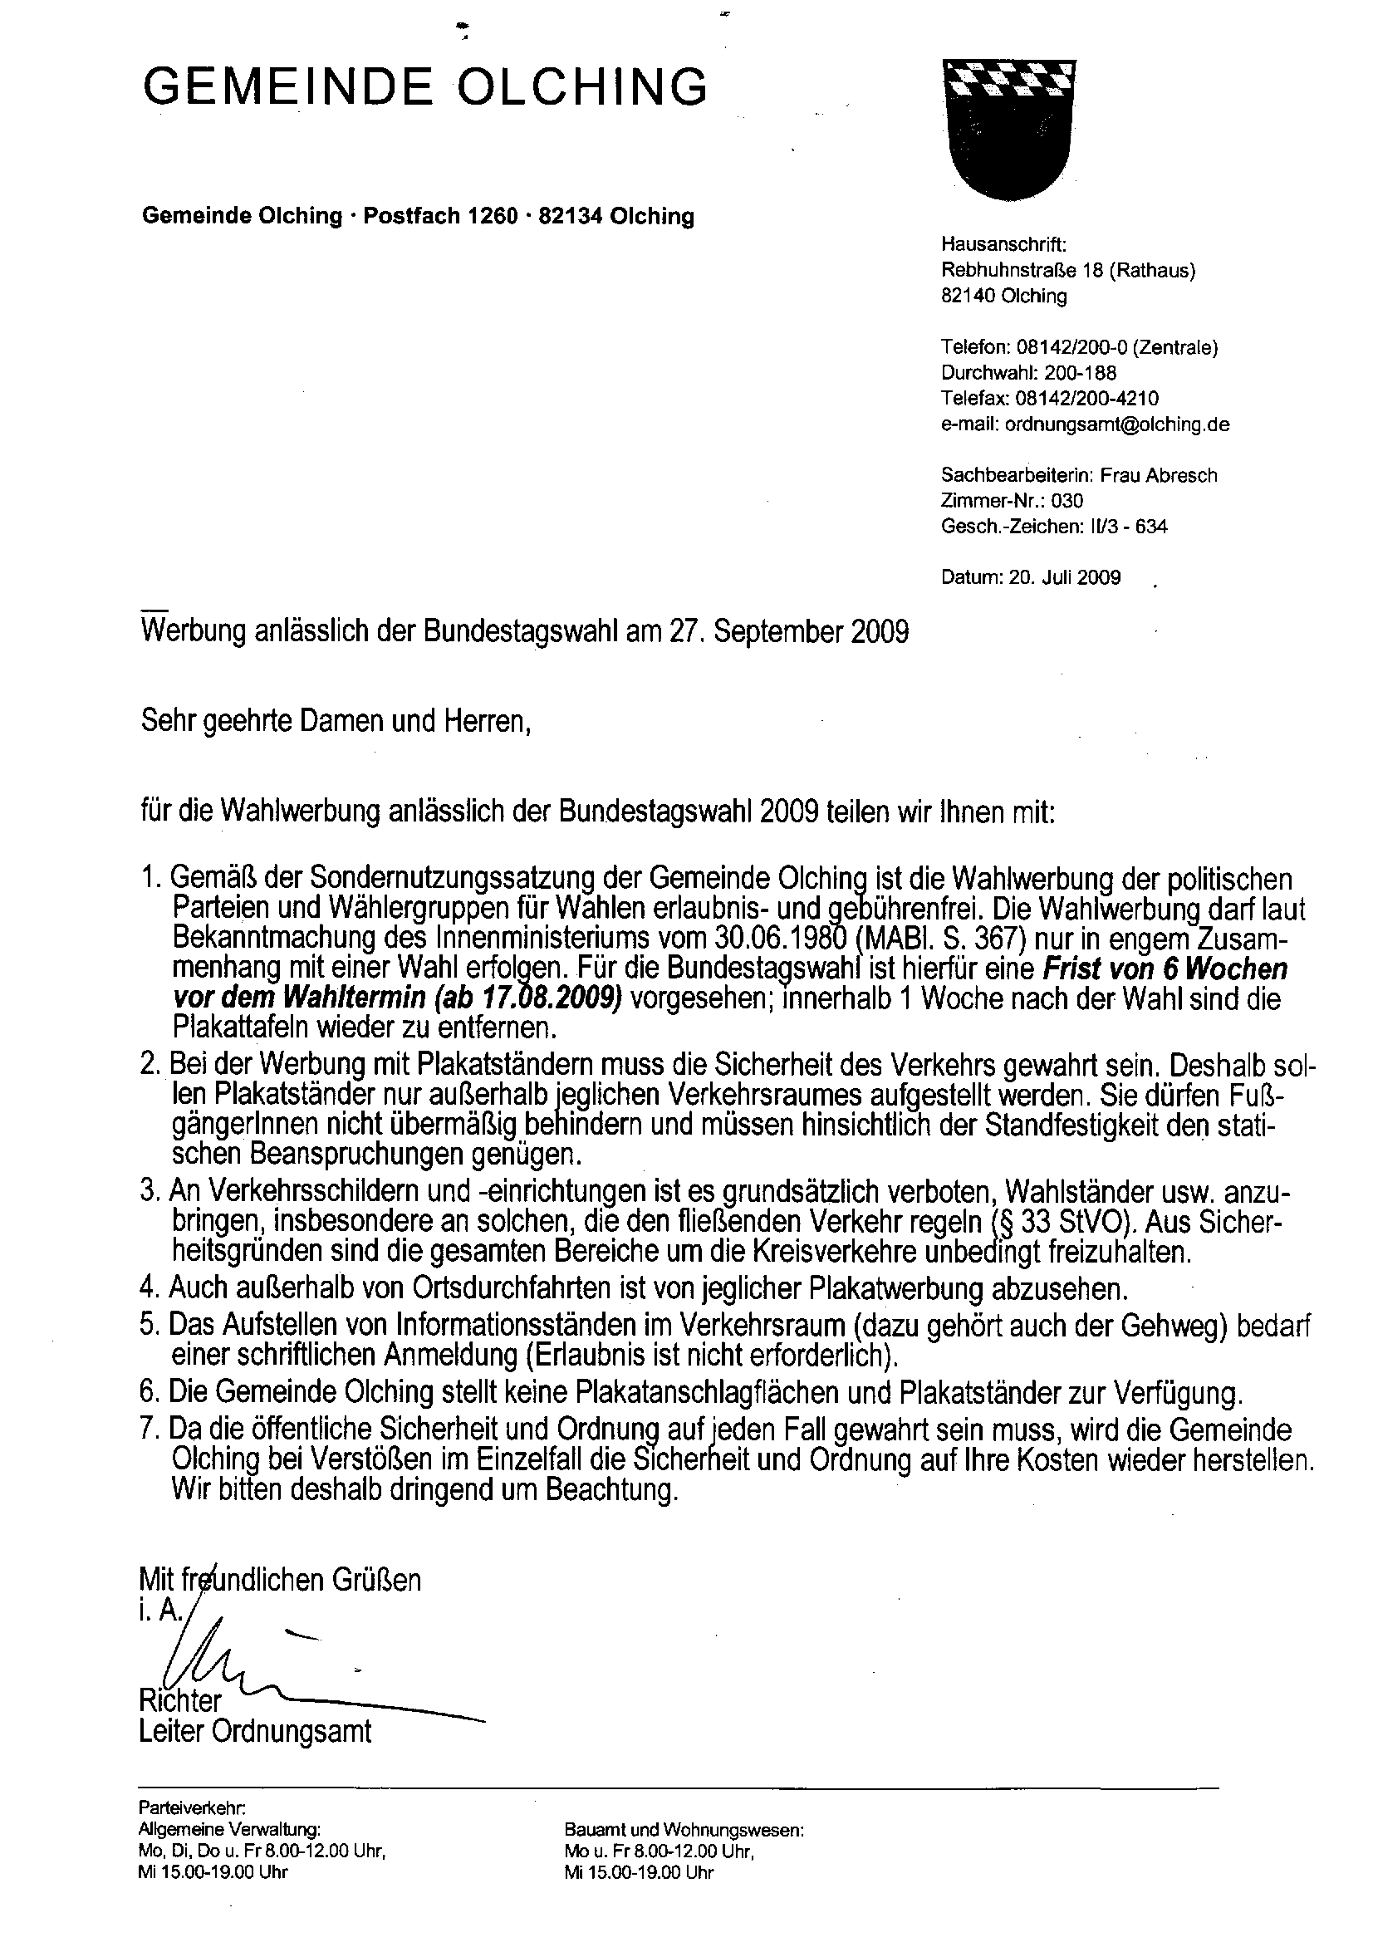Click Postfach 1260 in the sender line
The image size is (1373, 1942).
click(440, 217)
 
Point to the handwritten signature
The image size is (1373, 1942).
click(254, 1660)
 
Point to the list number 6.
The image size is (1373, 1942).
click(149, 1391)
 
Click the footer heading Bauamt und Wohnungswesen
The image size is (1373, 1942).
click(684, 1831)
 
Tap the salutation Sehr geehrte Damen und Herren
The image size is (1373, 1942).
click(336, 722)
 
